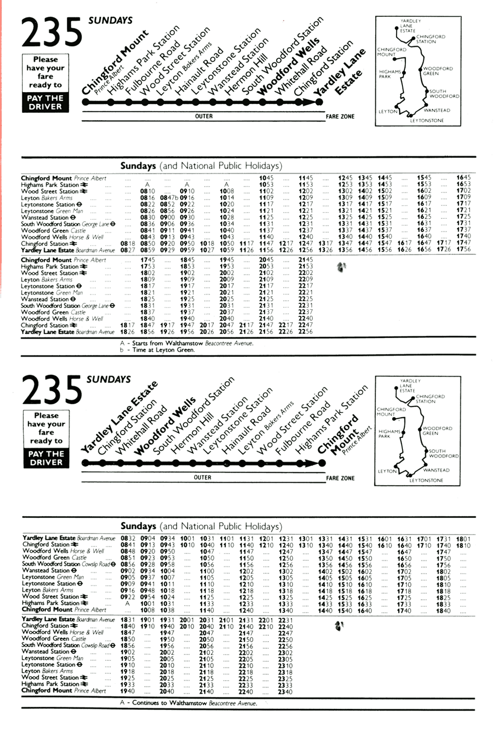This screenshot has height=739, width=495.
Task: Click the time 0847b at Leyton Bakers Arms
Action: (169, 197)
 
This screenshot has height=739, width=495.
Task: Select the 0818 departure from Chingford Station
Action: (128, 244)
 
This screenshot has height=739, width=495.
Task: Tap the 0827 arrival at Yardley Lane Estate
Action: (128, 250)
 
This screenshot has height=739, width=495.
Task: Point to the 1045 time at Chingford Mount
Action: (266, 178)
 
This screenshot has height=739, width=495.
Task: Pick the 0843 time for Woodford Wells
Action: (147, 237)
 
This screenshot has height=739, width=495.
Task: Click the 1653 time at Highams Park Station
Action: (463, 184)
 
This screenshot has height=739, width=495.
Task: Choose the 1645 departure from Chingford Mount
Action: (463, 178)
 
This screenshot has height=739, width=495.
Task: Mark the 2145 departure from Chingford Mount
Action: (305, 260)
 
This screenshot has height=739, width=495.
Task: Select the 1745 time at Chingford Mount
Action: (148, 260)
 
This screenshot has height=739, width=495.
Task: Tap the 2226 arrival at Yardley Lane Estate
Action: (286, 332)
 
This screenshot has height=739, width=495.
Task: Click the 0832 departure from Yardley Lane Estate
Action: (128, 539)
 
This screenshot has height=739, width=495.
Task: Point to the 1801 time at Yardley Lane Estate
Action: (463, 539)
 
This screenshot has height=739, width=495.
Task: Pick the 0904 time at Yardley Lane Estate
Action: (148, 539)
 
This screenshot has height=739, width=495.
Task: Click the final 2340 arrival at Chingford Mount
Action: (285, 691)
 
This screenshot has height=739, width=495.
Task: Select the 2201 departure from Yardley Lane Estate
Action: (266, 620)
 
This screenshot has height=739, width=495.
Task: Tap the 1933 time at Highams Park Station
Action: (128, 685)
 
